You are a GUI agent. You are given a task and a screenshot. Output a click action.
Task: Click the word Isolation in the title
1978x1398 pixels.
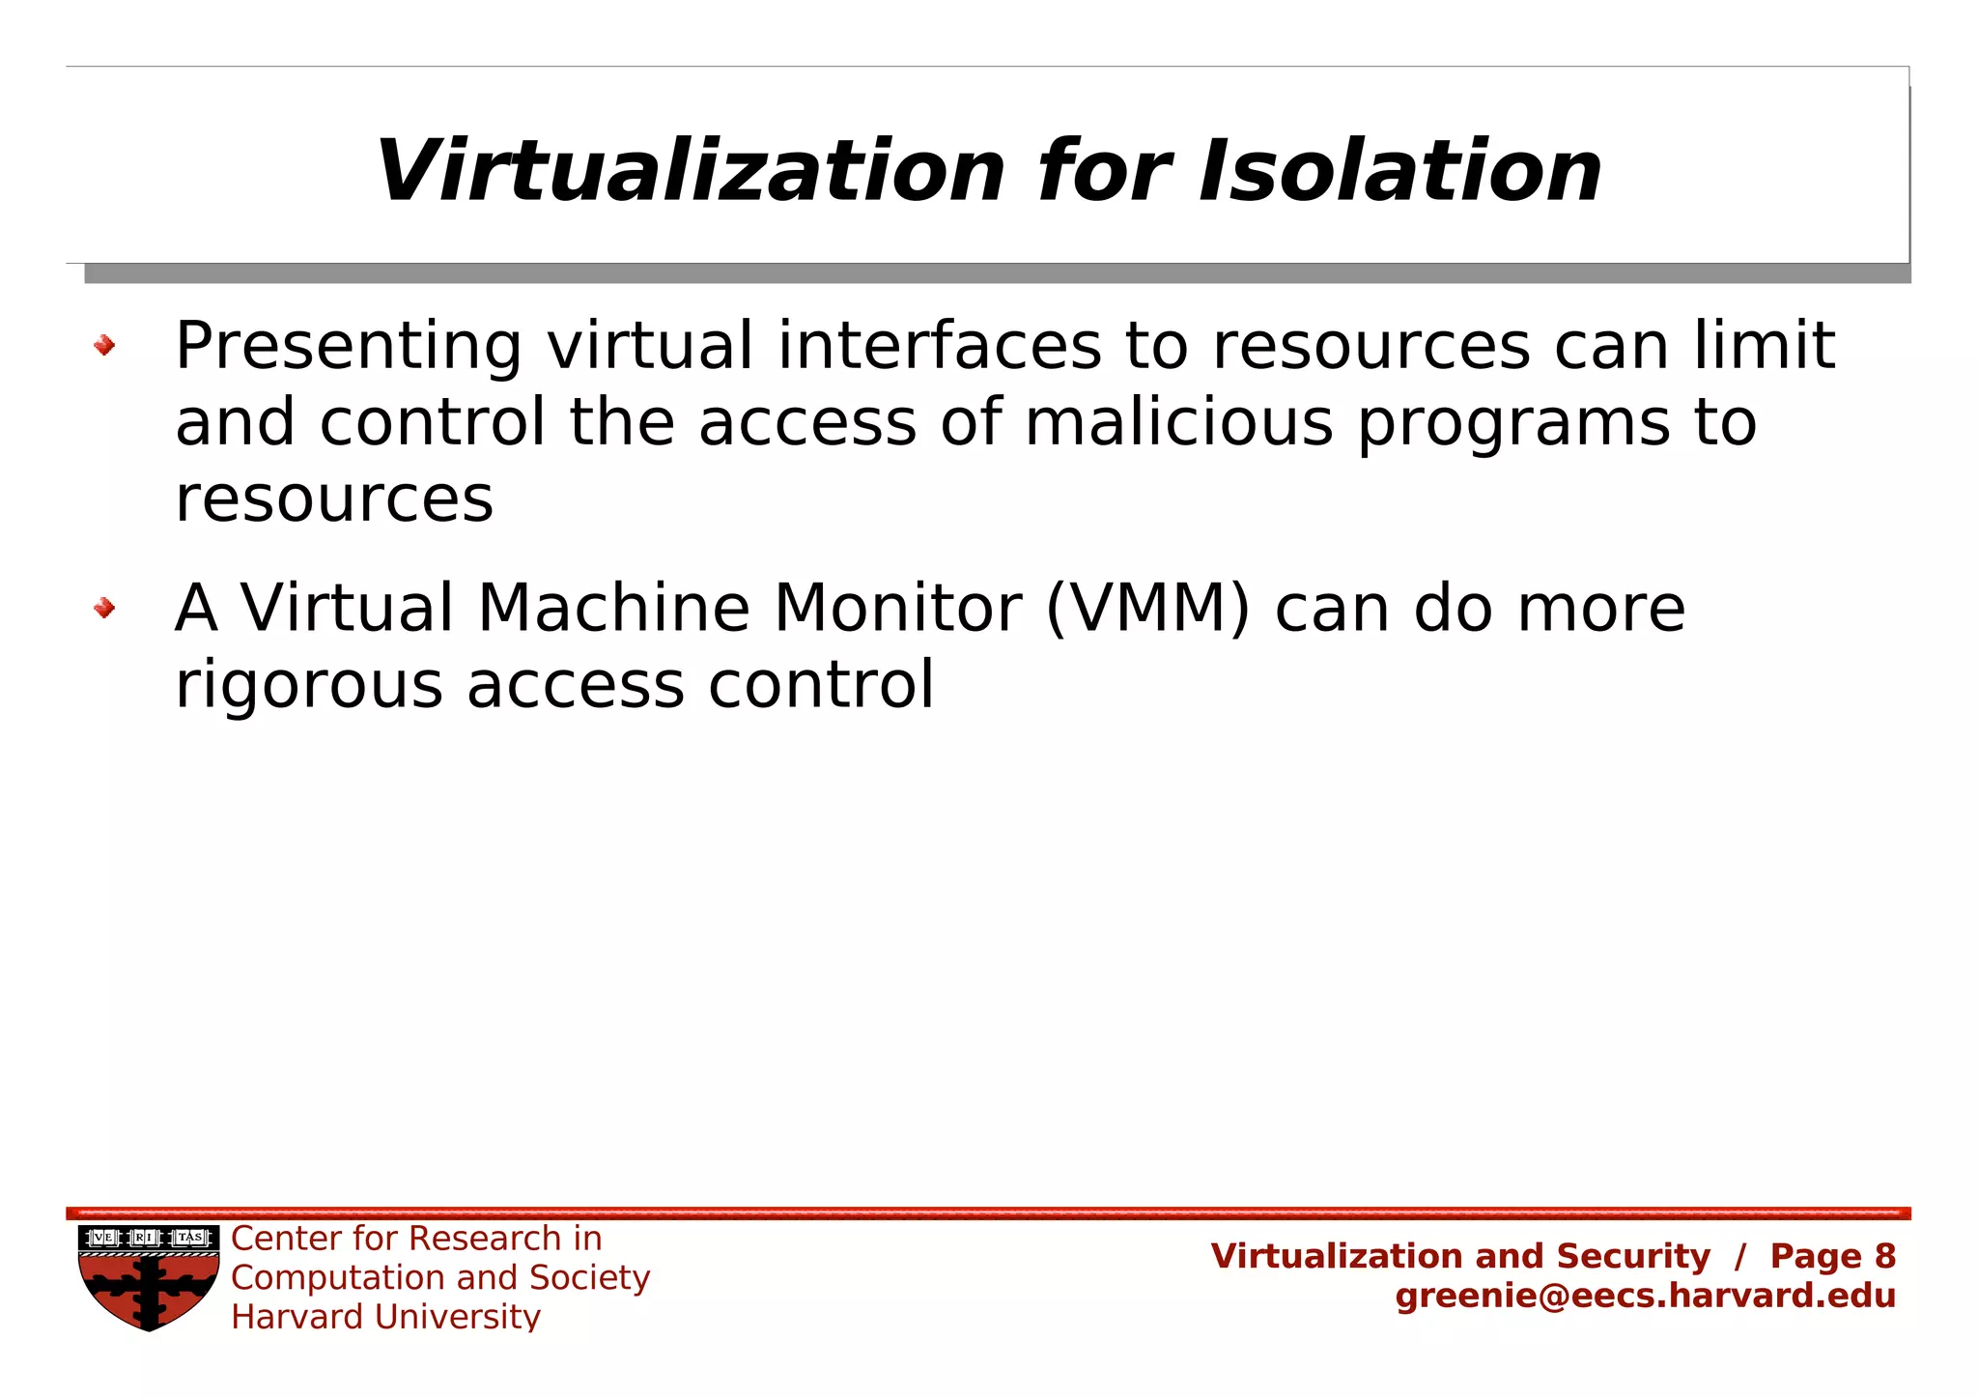click(1399, 172)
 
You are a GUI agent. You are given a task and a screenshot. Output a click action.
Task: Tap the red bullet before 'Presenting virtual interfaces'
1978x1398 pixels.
click(104, 345)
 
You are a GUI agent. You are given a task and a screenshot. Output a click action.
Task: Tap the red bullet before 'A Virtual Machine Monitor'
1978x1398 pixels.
click(104, 608)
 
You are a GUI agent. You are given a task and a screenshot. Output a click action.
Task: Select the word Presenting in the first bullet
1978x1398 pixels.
click(349, 348)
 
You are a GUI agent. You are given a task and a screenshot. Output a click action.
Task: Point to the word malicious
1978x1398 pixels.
click(1178, 423)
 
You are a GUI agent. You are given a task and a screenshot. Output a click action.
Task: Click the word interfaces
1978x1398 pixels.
click(939, 346)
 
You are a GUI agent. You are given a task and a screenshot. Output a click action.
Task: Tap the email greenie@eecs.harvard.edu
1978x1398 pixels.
click(1645, 1296)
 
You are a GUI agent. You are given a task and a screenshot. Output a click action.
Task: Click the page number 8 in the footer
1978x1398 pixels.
click(1884, 1256)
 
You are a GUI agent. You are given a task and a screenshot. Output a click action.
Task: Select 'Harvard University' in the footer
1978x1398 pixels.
click(385, 1317)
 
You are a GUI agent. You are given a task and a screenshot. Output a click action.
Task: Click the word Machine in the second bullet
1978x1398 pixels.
click(613, 609)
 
